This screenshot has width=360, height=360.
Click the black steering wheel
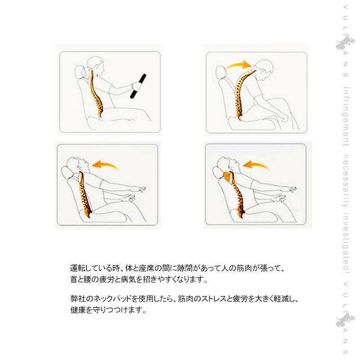[x=138, y=86]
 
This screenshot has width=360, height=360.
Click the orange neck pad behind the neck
[x=226, y=176]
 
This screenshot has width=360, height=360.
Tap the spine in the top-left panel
[x=96, y=94]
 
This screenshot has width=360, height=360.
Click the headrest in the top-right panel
[x=221, y=72]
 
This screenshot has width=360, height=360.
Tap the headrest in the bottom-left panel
[x=67, y=173]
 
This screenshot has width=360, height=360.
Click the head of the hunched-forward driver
[x=264, y=69]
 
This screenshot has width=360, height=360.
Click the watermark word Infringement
[x=346, y=117]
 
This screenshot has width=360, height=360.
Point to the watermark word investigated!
[x=346, y=243]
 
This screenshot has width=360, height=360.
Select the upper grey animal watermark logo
[x=345, y=43]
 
